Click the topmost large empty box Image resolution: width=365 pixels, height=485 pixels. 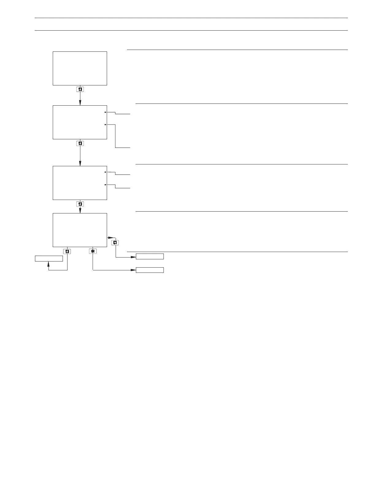(80, 68)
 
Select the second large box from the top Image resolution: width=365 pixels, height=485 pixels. (80, 122)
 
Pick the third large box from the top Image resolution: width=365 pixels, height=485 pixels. (80, 183)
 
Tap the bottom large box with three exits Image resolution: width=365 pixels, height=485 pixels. (80, 230)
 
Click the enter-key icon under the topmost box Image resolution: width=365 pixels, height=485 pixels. (80, 90)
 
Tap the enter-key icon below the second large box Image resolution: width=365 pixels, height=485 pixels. (80, 144)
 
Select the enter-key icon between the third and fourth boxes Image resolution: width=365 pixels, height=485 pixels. (80, 204)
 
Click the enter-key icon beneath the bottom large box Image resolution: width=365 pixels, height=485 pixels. (67, 251)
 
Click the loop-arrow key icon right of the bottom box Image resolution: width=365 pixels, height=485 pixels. (115, 243)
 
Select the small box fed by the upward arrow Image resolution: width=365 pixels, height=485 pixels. (48, 258)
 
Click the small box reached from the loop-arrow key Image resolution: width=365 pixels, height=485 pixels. (150, 257)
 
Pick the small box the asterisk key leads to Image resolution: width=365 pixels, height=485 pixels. (150, 270)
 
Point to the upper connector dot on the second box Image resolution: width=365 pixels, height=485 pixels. (105, 112)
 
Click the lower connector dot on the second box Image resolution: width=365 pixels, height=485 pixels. (105, 125)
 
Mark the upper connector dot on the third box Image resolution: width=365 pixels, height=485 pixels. (105, 172)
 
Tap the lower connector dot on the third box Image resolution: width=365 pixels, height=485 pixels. (105, 185)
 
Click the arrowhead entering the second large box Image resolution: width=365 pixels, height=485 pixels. (80, 103)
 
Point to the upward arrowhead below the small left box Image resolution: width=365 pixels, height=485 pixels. (48, 264)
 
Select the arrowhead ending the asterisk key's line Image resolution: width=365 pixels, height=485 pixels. (134, 270)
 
